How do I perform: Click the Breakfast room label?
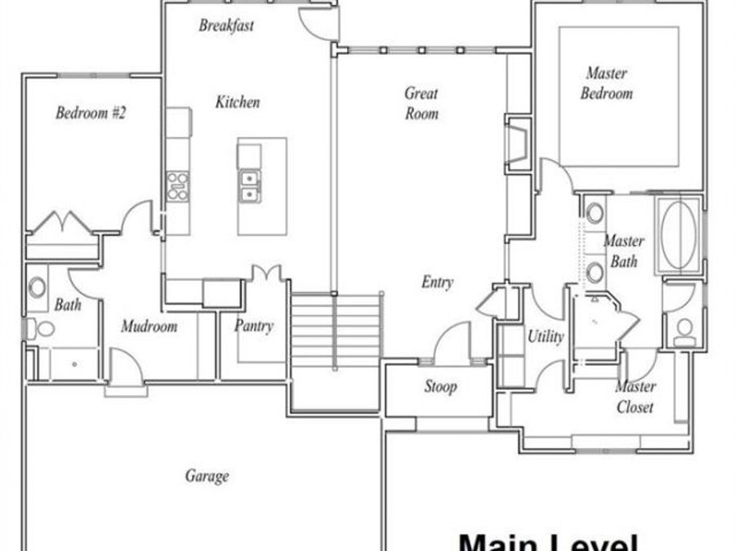pos(226,25)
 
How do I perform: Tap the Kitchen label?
pos(238,102)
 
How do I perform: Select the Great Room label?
pos(421,104)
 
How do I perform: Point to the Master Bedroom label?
pos(607,83)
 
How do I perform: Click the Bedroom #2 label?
pos(91,113)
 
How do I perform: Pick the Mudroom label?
pos(149,327)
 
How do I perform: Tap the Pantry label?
pos(253,327)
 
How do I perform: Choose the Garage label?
pos(207,476)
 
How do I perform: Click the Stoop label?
pos(439,386)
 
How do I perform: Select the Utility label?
pos(545,335)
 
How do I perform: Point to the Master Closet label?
pos(635,397)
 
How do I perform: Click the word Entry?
pos(437,282)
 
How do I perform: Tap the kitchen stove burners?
pos(177,187)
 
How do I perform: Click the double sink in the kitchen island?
pos(249,187)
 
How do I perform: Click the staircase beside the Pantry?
pos(336,331)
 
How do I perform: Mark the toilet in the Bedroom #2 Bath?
pos(42,328)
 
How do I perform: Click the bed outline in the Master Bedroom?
pos(618,94)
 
